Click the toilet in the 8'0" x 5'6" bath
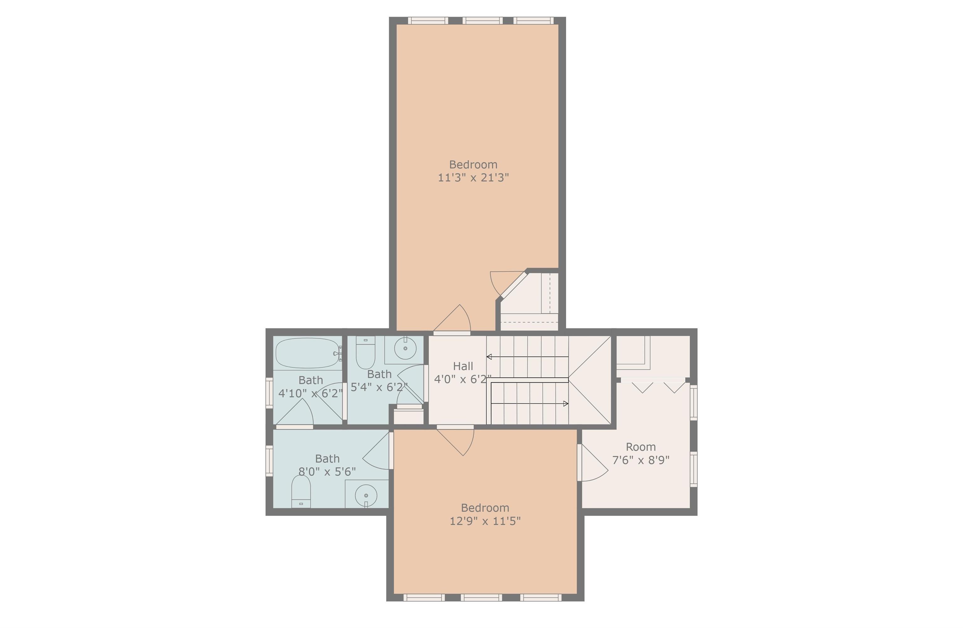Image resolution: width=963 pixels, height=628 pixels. pyautogui.click(x=301, y=491)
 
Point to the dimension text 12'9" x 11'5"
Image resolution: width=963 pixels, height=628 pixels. pyautogui.click(x=485, y=521)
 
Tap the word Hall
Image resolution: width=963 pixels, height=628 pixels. pyautogui.click(x=463, y=366)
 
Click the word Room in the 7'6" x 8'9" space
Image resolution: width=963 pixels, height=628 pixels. pyautogui.click(x=640, y=447)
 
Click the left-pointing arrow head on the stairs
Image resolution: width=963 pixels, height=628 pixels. pyautogui.click(x=489, y=357)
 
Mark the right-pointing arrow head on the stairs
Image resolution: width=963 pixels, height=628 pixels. pyautogui.click(x=566, y=404)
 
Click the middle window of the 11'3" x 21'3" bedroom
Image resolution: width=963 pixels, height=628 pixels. pyautogui.click(x=482, y=21)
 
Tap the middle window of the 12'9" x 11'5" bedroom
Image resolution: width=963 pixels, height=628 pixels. pyautogui.click(x=481, y=598)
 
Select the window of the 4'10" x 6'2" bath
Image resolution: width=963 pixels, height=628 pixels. pyautogui.click(x=269, y=393)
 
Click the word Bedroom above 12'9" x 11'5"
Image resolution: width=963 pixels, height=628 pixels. pyautogui.click(x=485, y=508)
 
